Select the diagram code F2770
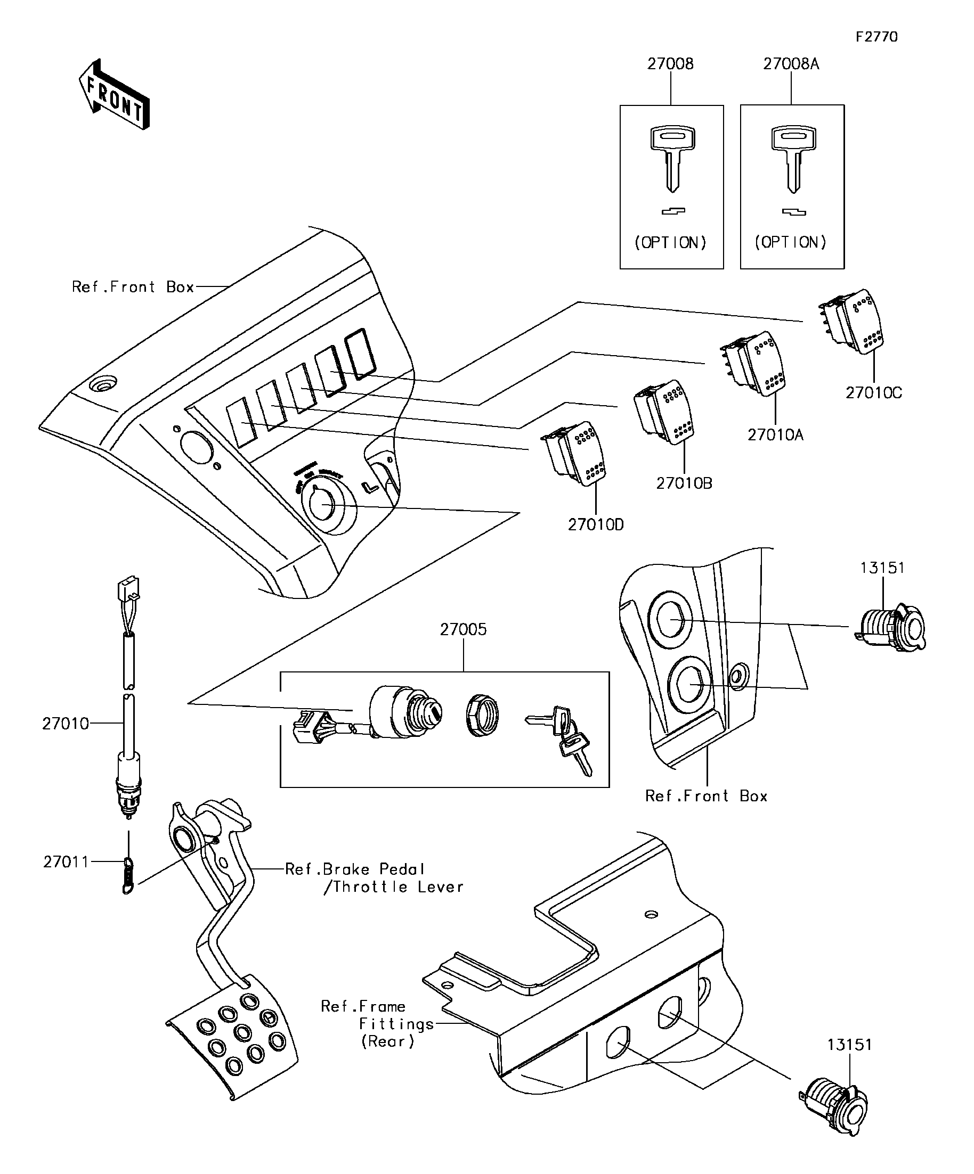[876, 37]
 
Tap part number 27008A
[791, 64]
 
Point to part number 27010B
[684, 483]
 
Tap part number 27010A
[775, 434]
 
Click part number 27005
[463, 629]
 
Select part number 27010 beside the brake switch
[66, 724]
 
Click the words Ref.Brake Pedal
[355, 869]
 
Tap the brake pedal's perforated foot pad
[235, 1038]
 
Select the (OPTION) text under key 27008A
[791, 243]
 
